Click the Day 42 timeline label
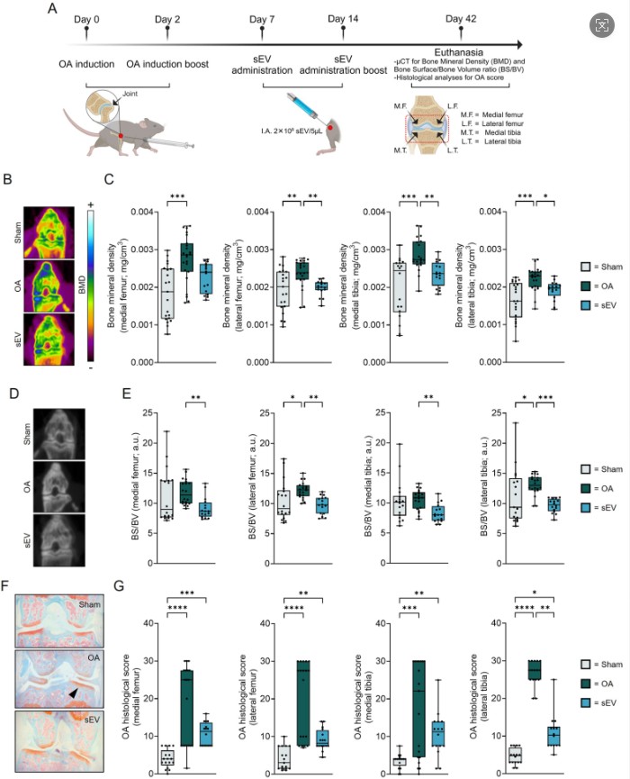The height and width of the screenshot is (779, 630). [x=453, y=18]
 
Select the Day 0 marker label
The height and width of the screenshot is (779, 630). [x=86, y=18]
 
